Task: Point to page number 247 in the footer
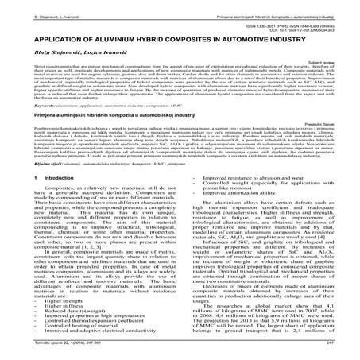(x=346, y=351)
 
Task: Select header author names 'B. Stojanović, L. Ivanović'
(x=31, y=6)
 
